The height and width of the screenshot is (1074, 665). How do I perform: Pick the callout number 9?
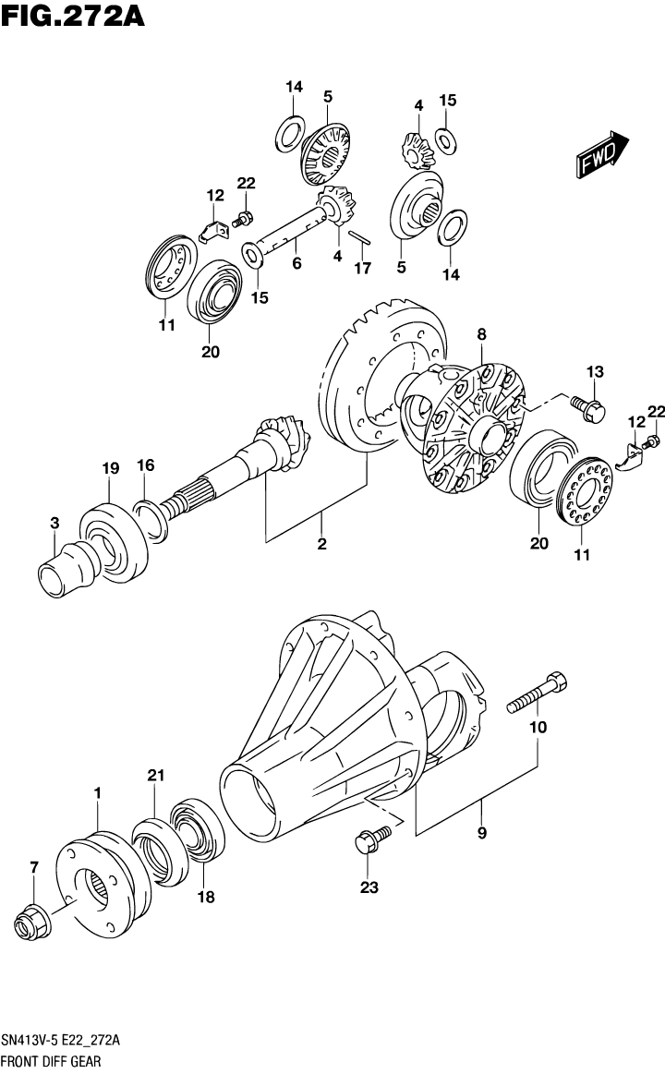(x=481, y=832)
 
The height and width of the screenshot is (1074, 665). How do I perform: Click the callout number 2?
(x=321, y=544)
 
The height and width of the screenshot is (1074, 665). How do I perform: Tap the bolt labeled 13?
(x=586, y=408)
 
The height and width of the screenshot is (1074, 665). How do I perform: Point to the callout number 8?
(x=480, y=334)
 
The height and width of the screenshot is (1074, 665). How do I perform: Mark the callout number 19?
(x=110, y=469)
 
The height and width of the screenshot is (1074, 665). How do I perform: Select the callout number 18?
(x=204, y=896)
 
